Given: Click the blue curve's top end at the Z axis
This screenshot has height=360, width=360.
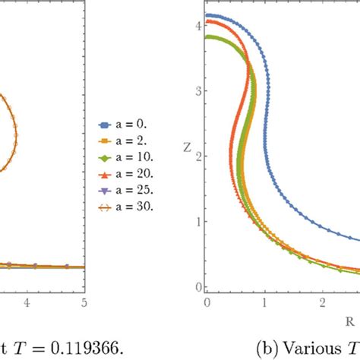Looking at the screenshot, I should (x=208, y=15).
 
